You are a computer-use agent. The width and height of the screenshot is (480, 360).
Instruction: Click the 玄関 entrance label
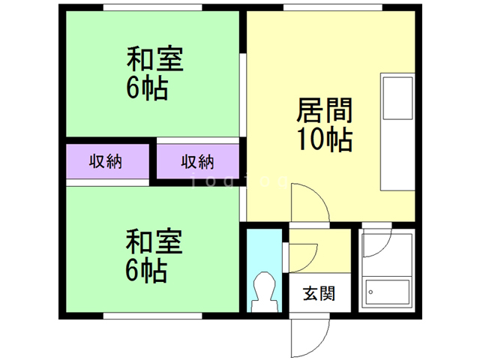pos(319,292)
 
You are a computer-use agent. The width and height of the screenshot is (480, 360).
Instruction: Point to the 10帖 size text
pos(325,140)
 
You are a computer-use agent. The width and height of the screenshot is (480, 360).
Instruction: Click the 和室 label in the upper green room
pos(154,59)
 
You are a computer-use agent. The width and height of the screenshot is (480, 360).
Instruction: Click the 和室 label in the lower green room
pos(154,242)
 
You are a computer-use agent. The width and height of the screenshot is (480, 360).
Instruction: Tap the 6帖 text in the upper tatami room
pos(146,88)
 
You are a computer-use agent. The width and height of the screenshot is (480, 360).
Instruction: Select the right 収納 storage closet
pos(198,160)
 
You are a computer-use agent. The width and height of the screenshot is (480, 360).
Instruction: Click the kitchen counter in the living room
pos(397,132)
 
